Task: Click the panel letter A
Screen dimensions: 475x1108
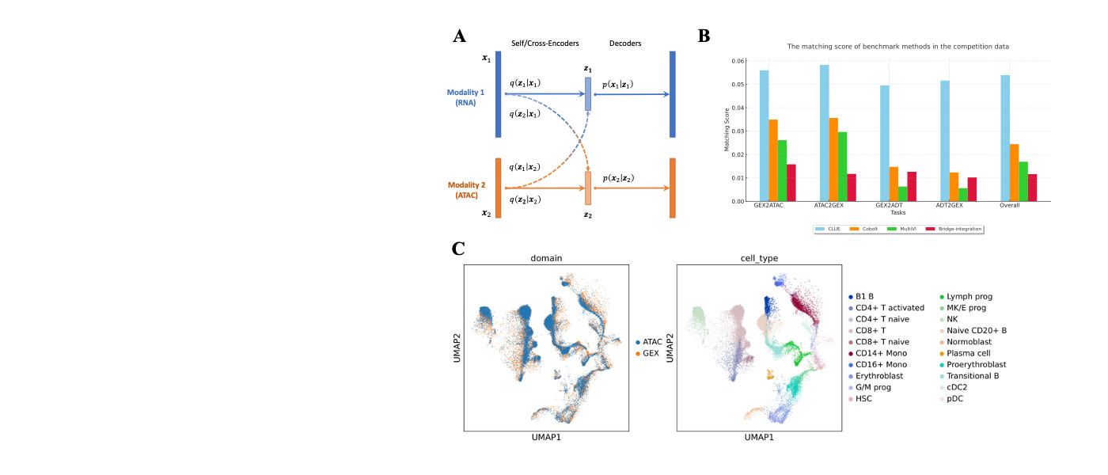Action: [x=459, y=36]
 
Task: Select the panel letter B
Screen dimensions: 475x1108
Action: [x=704, y=36]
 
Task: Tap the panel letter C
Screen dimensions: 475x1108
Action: [x=458, y=249]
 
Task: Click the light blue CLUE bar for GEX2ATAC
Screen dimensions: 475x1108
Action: [x=764, y=135]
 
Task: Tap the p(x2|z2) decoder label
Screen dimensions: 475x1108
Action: [x=618, y=178]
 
